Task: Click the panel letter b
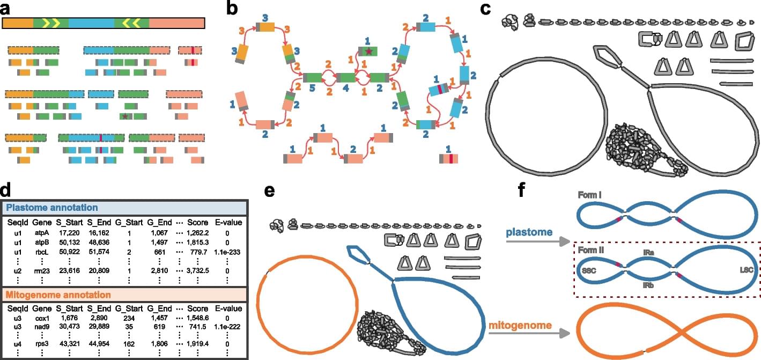(x=232, y=7)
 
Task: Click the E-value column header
(x=229, y=222)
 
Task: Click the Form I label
(x=589, y=196)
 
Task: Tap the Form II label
(x=591, y=251)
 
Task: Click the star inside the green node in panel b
(x=368, y=52)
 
